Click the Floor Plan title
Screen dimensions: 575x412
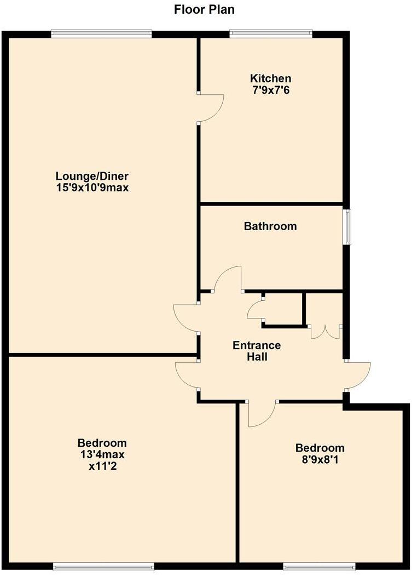coord(205,9)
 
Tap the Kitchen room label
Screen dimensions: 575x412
coord(270,78)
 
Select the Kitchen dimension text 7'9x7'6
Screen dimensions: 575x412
coord(270,89)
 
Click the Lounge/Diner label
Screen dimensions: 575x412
coord(92,177)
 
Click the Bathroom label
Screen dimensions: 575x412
coord(270,226)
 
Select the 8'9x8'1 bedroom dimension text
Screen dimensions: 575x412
coord(320,459)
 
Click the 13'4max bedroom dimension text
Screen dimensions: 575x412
coord(102,454)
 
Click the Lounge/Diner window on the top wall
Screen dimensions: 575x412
coord(101,34)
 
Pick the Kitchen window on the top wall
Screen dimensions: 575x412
coord(271,34)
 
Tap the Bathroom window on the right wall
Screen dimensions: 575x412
coord(347,226)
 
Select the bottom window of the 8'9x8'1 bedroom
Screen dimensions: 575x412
coord(319,566)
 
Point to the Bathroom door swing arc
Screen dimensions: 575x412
coord(228,278)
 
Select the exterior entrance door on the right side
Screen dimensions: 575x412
coord(359,375)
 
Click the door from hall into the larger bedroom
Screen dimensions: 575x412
coord(186,375)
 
